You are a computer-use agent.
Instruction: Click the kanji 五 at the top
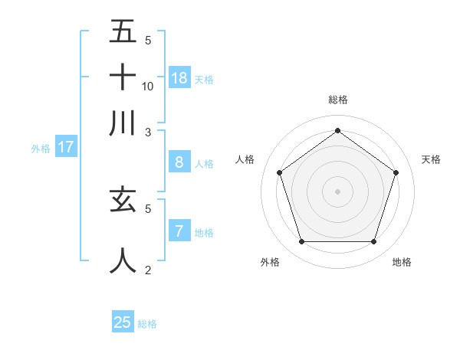[123, 31]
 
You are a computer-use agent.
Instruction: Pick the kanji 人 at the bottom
[123, 260]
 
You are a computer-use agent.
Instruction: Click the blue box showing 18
[179, 77]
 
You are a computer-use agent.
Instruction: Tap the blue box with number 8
[179, 162]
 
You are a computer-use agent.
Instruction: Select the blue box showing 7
[179, 231]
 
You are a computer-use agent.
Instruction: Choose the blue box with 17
[65, 147]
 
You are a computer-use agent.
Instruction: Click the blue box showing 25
[123, 322]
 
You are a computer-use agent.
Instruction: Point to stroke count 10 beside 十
[148, 86]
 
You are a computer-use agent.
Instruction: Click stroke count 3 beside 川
[148, 132]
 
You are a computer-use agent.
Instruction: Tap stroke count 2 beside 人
[148, 270]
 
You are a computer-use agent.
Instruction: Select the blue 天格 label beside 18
[204, 79]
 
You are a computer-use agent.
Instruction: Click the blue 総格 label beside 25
[147, 324]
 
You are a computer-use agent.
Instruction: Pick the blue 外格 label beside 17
[41, 149]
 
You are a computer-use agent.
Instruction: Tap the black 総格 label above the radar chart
[337, 100]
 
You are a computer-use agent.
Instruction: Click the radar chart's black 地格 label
[402, 262]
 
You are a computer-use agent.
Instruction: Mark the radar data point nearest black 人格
[280, 172]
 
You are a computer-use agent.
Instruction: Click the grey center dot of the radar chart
[337, 191]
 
